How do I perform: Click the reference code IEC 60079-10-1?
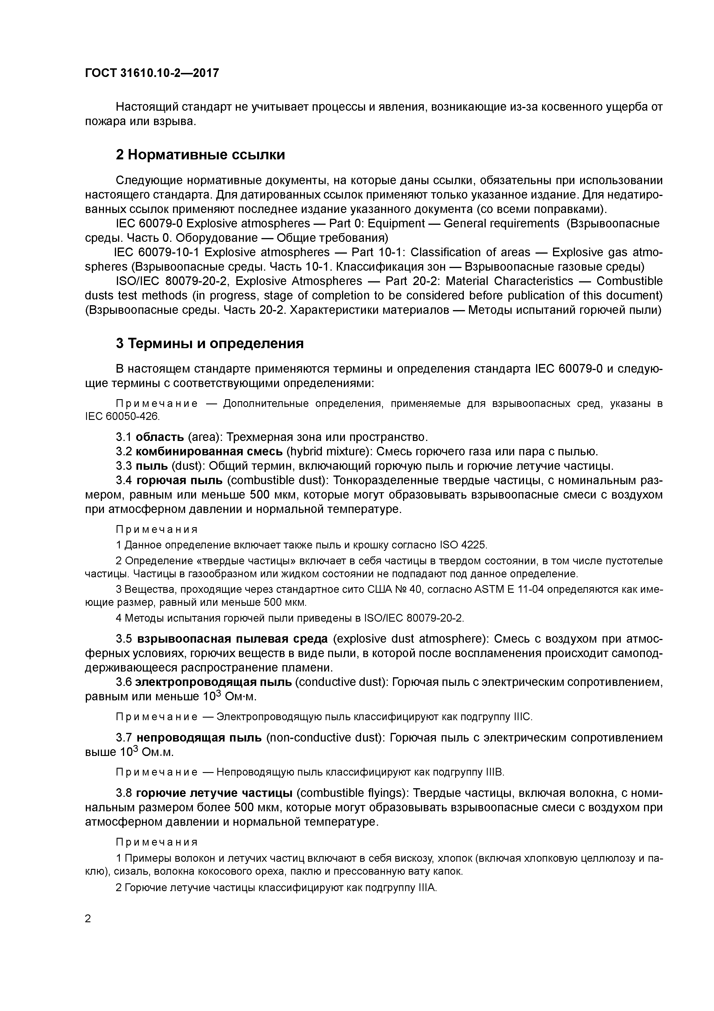156,252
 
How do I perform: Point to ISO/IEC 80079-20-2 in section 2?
174,281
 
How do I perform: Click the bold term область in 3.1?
160,437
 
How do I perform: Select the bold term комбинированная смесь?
209,451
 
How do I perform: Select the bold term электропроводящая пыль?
213,682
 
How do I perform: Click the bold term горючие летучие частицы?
214,793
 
